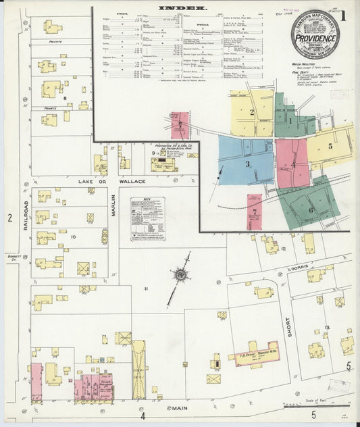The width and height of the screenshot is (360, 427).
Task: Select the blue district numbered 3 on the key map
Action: tap(247, 164)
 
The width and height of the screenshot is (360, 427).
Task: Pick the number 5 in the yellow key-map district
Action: tap(330, 145)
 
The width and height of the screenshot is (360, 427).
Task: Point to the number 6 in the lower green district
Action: tap(312, 209)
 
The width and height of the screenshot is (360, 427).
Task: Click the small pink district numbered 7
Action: tap(254, 211)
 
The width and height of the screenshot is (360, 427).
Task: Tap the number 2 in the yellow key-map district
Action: tap(251, 112)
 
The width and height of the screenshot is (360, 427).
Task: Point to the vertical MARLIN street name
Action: tap(113, 205)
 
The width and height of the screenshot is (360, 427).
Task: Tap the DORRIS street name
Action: tap(298, 268)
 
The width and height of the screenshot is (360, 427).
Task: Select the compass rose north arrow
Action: tap(180, 275)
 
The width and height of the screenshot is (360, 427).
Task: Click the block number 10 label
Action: tap(72, 236)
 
